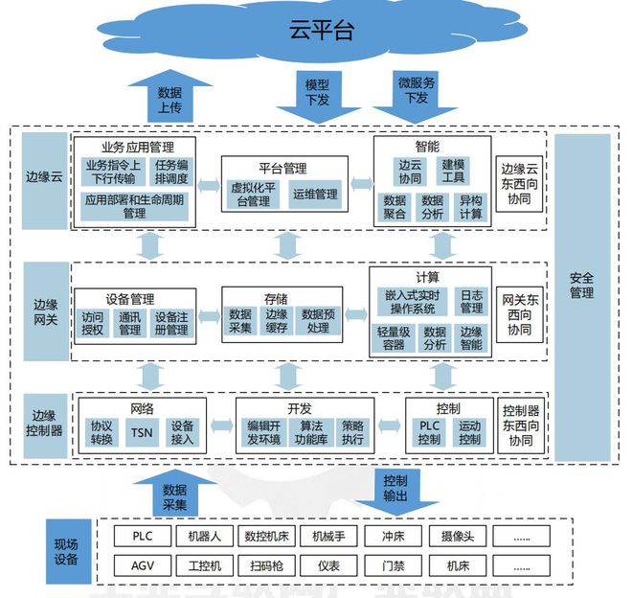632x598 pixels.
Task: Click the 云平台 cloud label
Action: point(321,30)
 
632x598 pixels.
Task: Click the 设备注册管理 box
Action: point(171,323)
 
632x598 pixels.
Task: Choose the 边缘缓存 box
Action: point(276,321)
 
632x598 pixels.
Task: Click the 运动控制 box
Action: point(469,432)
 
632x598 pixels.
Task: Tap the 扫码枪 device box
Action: point(266,565)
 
